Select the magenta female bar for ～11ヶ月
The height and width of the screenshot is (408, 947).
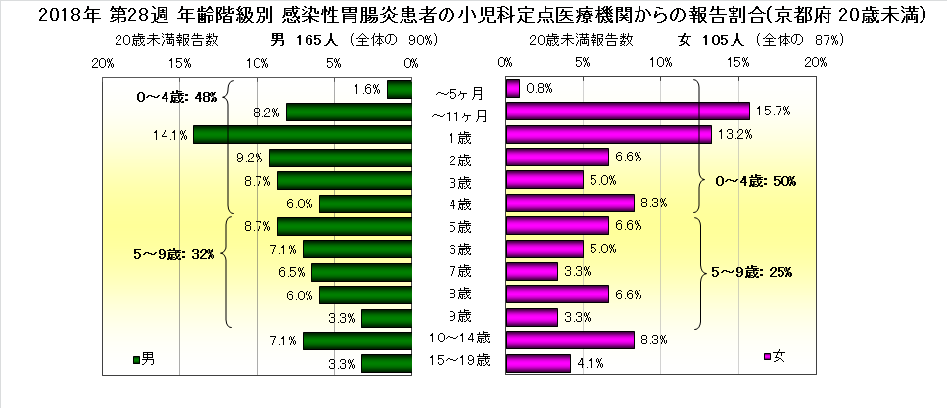coord(627,113)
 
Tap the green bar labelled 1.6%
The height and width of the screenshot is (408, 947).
coord(399,90)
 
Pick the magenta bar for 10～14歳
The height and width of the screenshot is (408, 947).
coord(570,340)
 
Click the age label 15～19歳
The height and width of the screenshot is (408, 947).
coord(458,363)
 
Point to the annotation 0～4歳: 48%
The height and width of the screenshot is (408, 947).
coord(177,98)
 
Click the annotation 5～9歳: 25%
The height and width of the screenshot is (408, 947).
coord(752,272)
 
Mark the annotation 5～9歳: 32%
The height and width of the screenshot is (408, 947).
coord(173,254)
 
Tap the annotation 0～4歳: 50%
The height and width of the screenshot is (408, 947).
coord(752,181)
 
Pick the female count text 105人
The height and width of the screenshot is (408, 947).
coord(725,40)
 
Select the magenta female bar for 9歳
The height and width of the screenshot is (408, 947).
coord(532,317)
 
